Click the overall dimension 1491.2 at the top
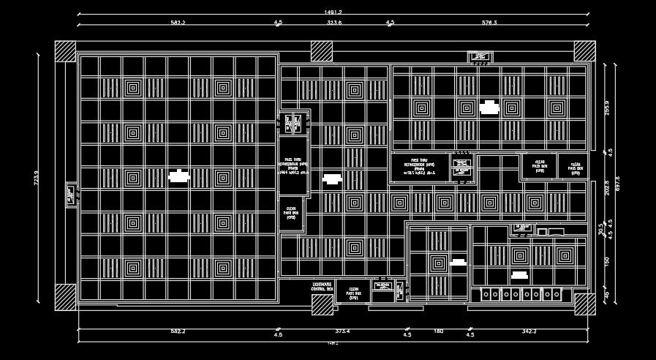[333, 12]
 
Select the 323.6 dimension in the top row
[333, 23]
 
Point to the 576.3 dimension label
[489, 23]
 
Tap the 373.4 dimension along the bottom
[342, 331]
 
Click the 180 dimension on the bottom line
[439, 331]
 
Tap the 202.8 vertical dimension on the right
[606, 187]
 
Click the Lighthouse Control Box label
[322, 286]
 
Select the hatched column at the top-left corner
[66, 50]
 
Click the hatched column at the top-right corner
[584, 50]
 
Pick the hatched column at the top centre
[321, 50]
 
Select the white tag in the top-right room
[489, 109]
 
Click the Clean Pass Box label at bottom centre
[354, 293]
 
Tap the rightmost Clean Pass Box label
[575, 168]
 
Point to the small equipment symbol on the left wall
[70, 194]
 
